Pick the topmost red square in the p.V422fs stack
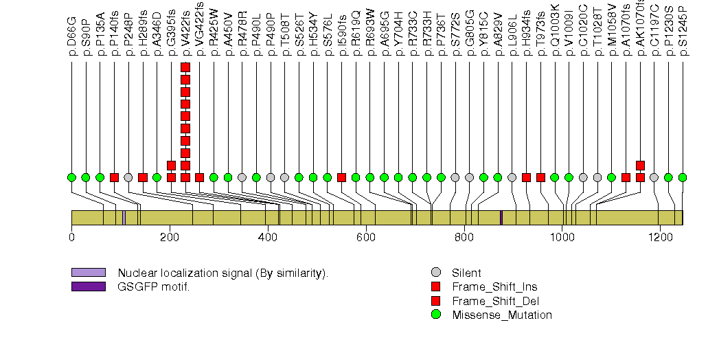[x=185, y=67]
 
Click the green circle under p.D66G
[x=71, y=177]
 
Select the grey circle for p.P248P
[x=128, y=177]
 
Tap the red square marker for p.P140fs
[x=114, y=177]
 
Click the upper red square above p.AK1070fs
[x=640, y=165]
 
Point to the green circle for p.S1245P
[x=683, y=177]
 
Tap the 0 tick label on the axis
[x=71, y=237]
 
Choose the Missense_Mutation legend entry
[x=501, y=315]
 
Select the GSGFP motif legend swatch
[x=88, y=286]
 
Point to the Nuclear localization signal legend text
[x=223, y=273]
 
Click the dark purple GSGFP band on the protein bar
[x=501, y=217]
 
